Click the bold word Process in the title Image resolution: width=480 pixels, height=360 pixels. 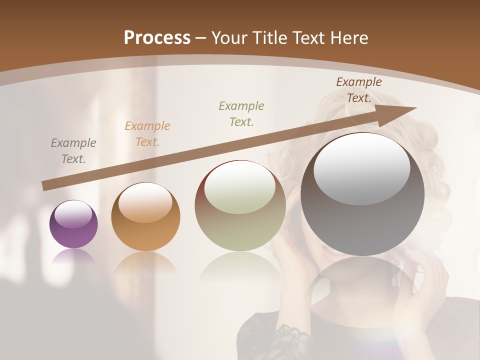(157, 38)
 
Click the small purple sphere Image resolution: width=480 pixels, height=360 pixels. (73, 224)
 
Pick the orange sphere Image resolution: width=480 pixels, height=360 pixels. (145, 216)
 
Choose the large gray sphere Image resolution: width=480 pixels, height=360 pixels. (362, 194)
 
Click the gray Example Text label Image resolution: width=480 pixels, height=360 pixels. (73, 151)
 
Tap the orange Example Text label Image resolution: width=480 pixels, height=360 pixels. (147, 134)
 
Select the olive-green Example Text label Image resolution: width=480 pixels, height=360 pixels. (241, 113)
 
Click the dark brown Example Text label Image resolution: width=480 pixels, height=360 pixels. (358, 90)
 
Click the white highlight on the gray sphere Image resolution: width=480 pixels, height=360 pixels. (361, 167)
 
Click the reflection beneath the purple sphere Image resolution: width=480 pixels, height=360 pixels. (73, 256)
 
